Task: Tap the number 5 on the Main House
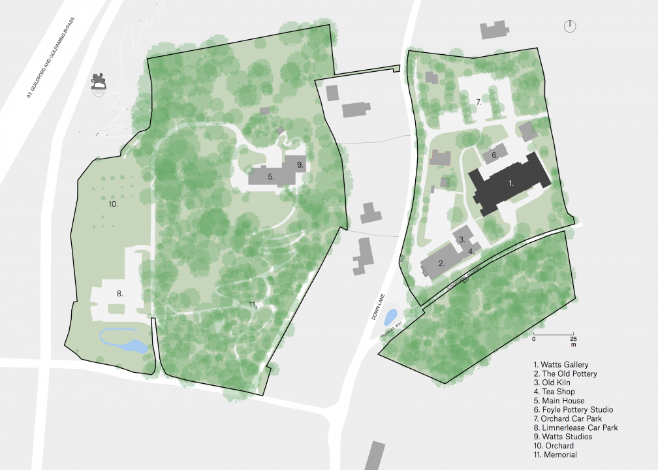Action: pyautogui.click(x=270, y=176)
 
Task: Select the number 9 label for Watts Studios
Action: pyautogui.click(x=300, y=165)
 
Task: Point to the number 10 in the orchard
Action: pyautogui.click(x=113, y=204)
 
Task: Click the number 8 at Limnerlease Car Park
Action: pyautogui.click(x=120, y=294)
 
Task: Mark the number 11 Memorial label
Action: pyautogui.click(x=253, y=304)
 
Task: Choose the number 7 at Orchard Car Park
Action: pyautogui.click(x=478, y=102)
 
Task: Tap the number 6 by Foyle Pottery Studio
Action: pyautogui.click(x=494, y=155)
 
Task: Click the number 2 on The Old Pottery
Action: pyautogui.click(x=441, y=264)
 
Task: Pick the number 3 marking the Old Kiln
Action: pyautogui.click(x=462, y=240)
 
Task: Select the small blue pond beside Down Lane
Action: pyautogui.click(x=390, y=318)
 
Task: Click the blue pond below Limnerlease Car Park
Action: pyautogui.click(x=124, y=341)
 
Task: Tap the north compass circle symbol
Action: pyautogui.click(x=571, y=26)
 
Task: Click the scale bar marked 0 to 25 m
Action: pyautogui.click(x=554, y=335)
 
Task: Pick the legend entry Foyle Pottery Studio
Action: pyautogui.click(x=573, y=409)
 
